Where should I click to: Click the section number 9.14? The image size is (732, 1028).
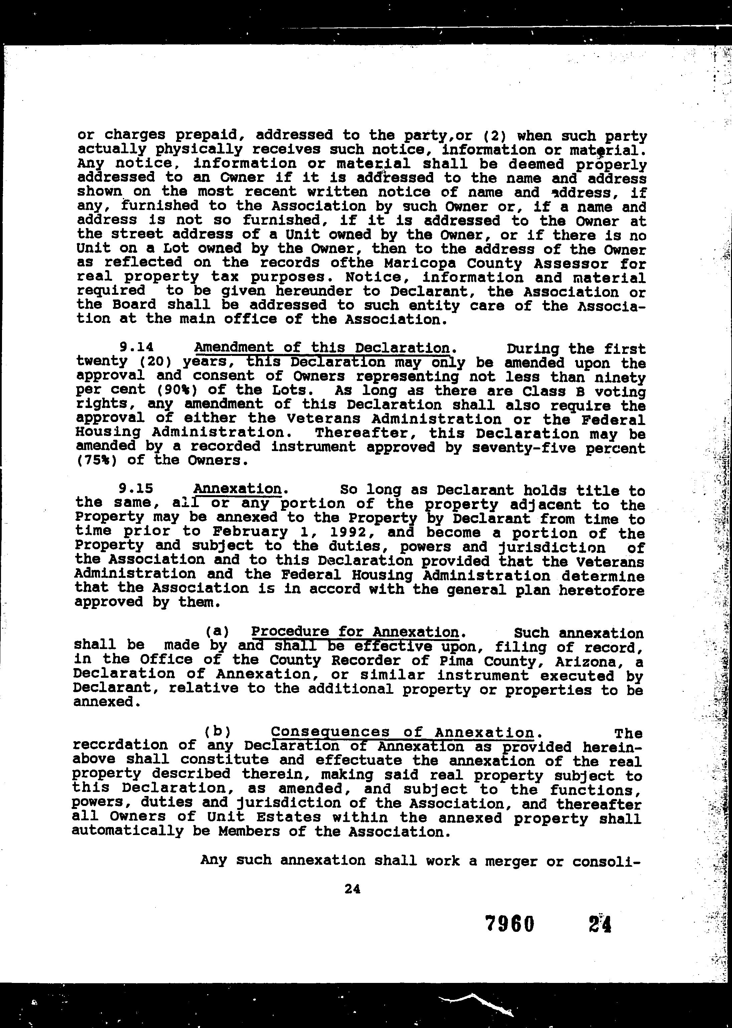pyautogui.click(x=137, y=347)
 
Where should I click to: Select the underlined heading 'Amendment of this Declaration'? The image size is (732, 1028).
pyautogui.click(x=322, y=348)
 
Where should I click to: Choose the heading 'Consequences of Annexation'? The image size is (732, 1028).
pyautogui.click(x=402, y=733)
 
